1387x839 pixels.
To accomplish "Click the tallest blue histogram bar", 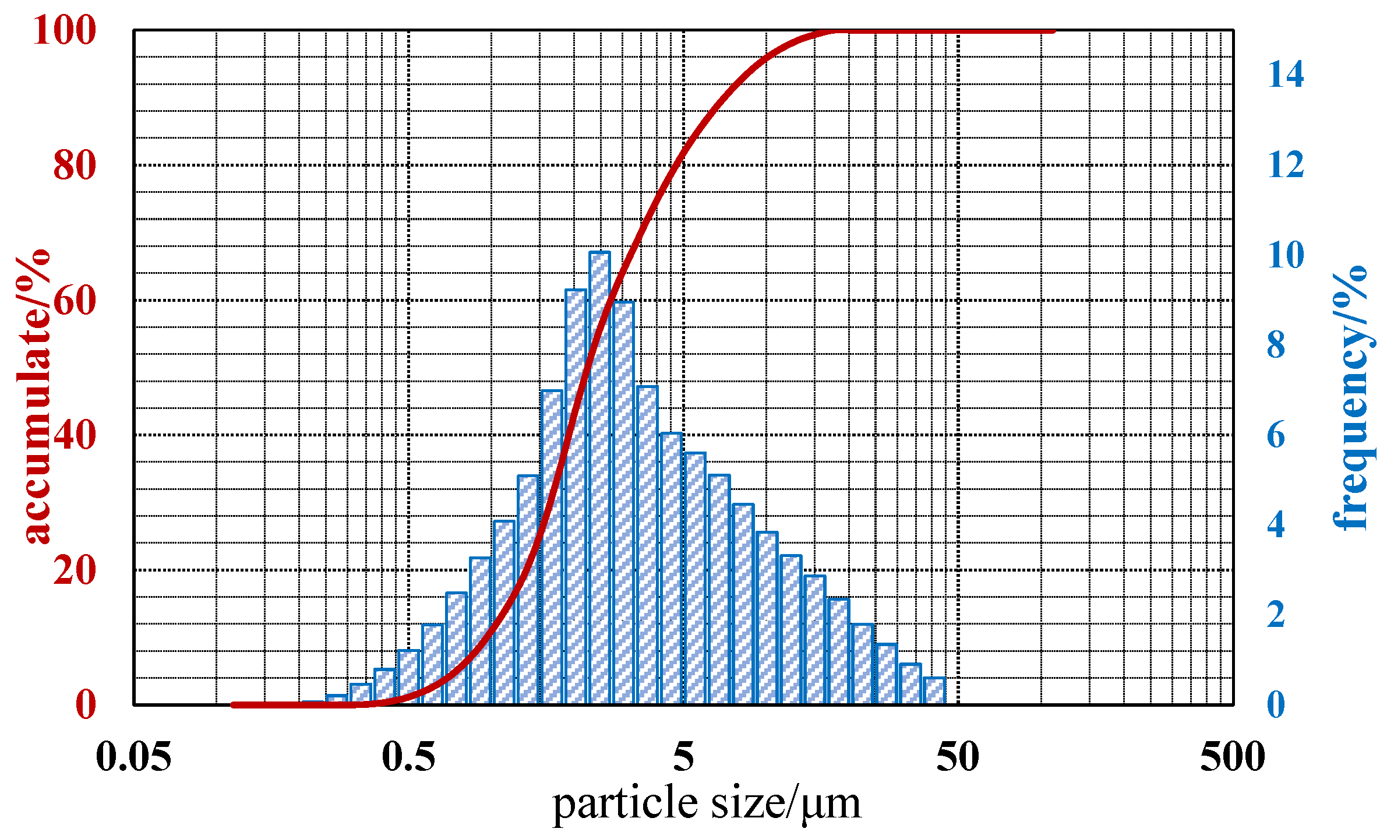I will click(x=599, y=478).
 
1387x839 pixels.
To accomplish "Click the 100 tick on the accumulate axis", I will click(x=65, y=30).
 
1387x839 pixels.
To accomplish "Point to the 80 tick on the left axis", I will click(x=75, y=165).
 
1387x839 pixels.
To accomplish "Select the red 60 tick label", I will click(x=75, y=301).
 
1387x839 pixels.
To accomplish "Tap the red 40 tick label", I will click(x=75, y=435).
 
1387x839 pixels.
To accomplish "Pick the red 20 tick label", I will click(x=75, y=570).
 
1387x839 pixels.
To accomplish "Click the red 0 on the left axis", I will click(x=86, y=705).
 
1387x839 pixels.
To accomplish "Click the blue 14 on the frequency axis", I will click(x=1286, y=75).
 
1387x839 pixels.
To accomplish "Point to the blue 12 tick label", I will click(x=1286, y=165).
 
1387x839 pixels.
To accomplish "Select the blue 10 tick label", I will click(x=1286, y=255).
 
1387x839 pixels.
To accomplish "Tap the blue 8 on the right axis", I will click(x=1276, y=345).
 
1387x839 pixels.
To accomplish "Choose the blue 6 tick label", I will click(x=1276, y=435).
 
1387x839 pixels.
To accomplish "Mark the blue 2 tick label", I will click(x=1276, y=615).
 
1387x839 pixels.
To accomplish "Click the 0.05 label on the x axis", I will click(x=133, y=757).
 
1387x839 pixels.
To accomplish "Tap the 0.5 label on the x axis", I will click(x=408, y=757).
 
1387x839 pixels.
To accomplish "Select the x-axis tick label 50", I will click(x=958, y=757).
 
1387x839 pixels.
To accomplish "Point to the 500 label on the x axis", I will click(x=1233, y=757).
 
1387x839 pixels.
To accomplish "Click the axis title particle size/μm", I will click(x=706, y=805).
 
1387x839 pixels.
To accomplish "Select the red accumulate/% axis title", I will click(x=34, y=396).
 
